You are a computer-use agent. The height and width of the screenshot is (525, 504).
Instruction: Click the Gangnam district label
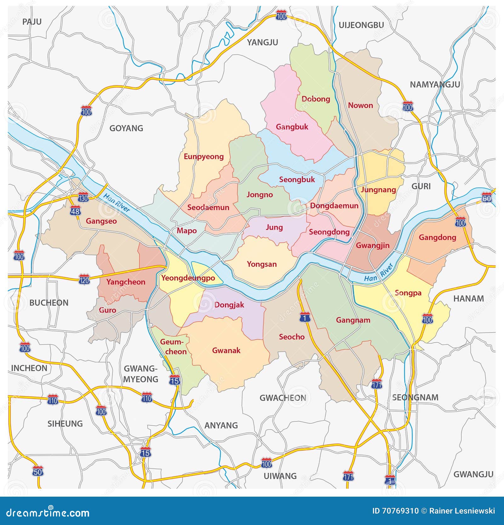click(x=353, y=320)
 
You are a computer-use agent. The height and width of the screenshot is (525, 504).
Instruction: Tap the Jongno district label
click(x=260, y=195)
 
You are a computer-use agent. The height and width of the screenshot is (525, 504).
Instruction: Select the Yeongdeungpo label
click(x=188, y=278)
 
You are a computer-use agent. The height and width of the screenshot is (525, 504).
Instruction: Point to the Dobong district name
click(x=316, y=99)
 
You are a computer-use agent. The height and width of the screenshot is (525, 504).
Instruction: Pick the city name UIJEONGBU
click(x=361, y=25)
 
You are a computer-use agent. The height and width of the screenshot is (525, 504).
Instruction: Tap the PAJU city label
click(x=32, y=22)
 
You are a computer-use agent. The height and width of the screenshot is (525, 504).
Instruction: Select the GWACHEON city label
click(x=283, y=398)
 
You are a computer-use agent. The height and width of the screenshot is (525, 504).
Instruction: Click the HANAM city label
click(x=468, y=299)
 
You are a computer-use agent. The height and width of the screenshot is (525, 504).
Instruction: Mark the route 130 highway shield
click(x=83, y=198)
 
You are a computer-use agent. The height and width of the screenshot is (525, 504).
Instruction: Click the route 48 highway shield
click(x=75, y=211)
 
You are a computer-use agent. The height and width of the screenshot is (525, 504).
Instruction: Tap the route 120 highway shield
click(x=84, y=279)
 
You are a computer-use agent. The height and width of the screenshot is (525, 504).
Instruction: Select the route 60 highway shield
click(x=486, y=198)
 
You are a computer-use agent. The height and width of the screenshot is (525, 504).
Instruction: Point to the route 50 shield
click(x=37, y=471)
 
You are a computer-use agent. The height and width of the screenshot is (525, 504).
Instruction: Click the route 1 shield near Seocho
click(x=305, y=317)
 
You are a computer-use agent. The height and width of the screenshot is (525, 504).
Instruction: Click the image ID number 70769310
click(x=396, y=511)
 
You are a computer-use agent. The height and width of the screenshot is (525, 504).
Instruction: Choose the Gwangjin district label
click(x=372, y=245)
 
